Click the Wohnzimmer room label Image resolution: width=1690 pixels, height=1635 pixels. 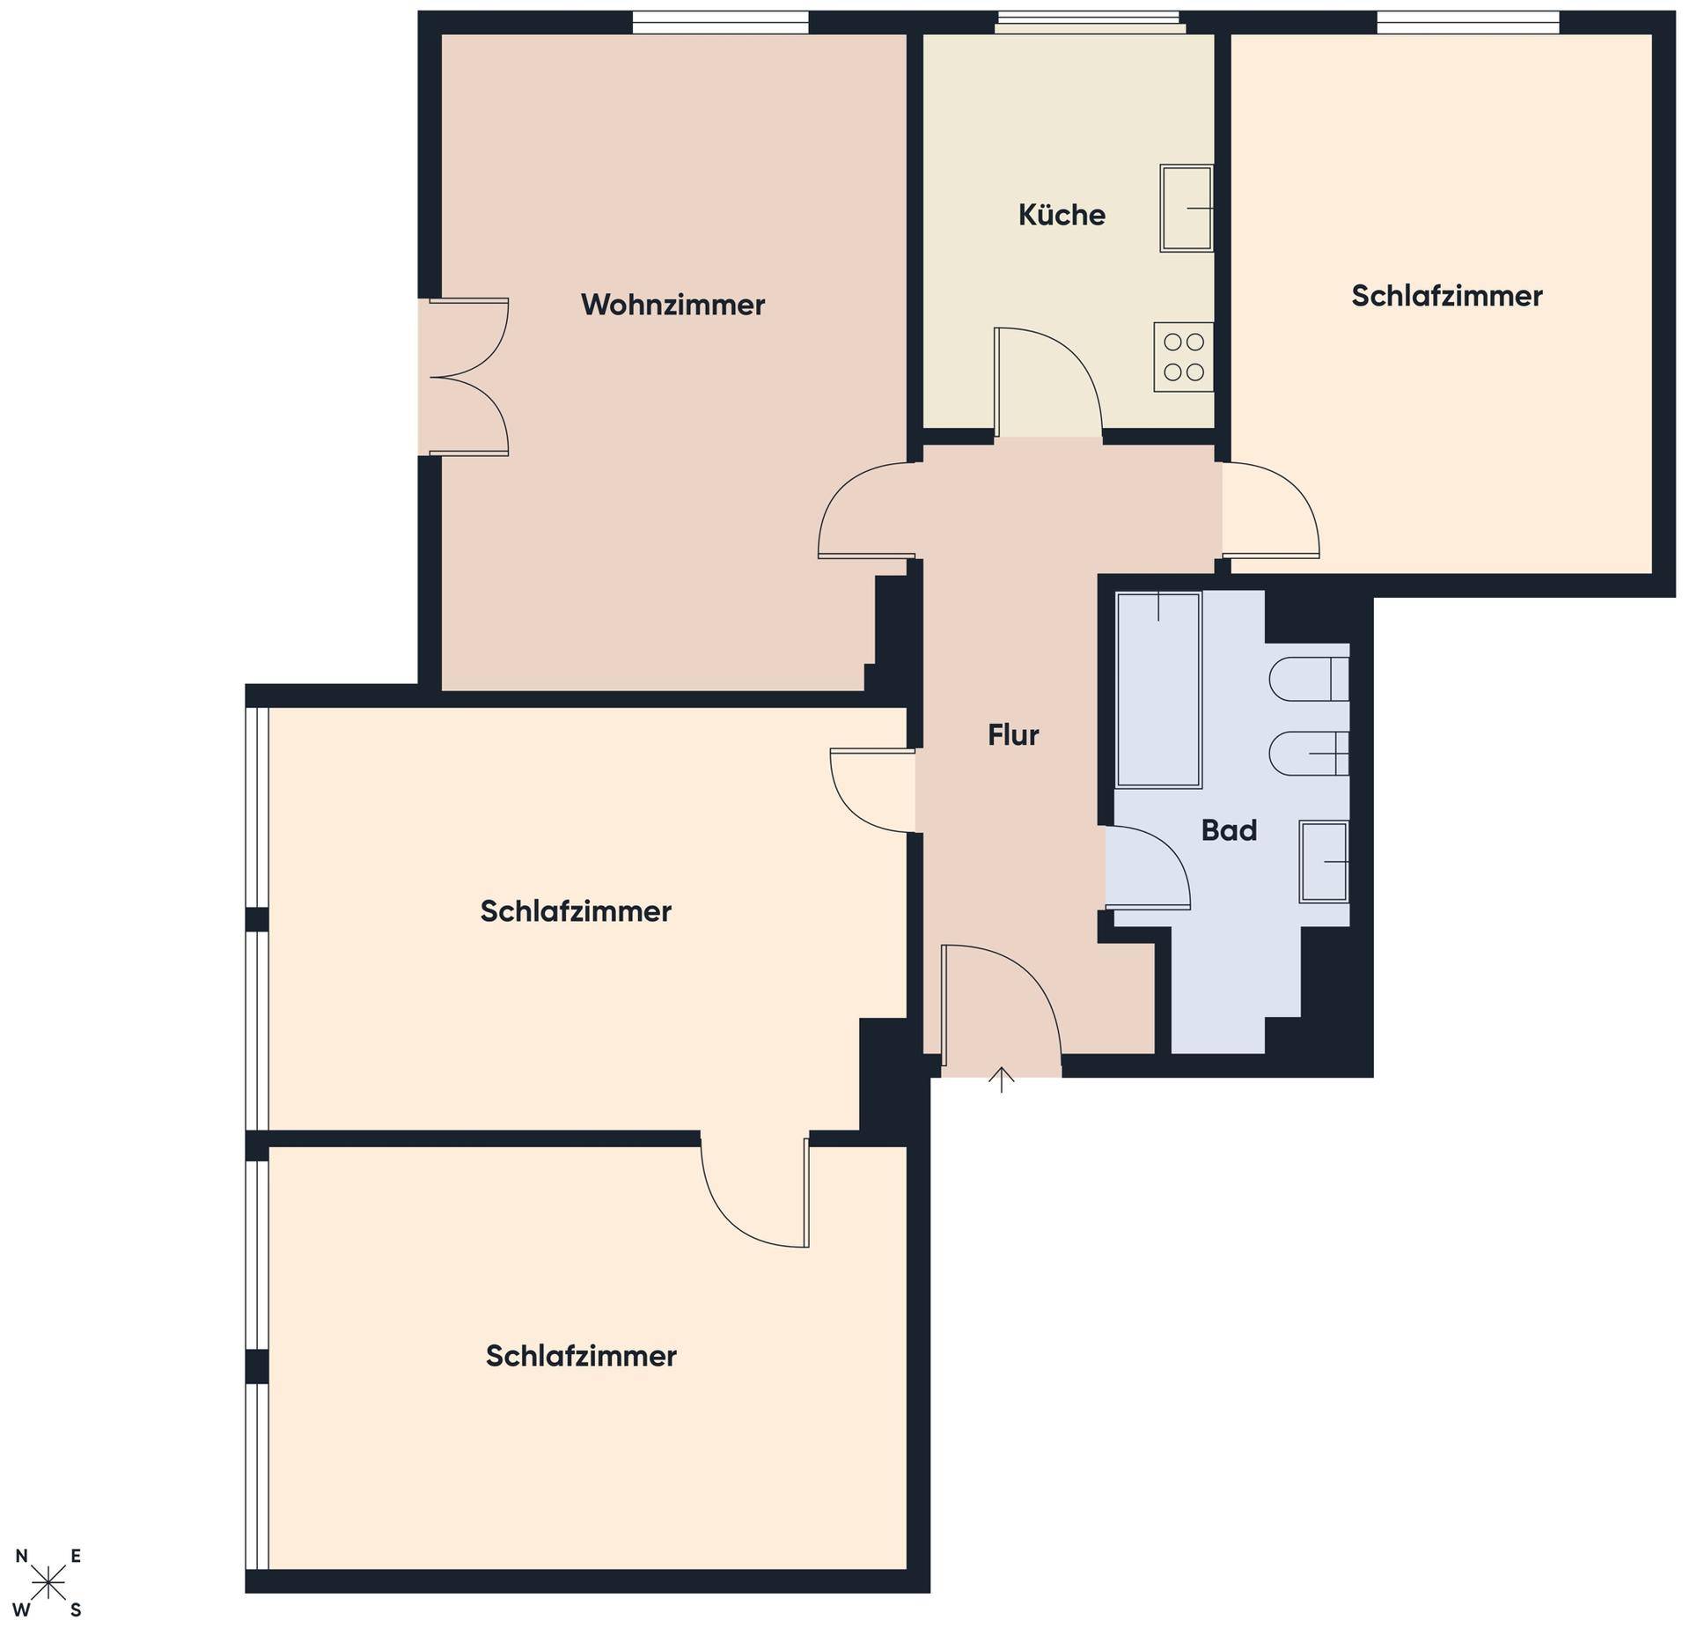(672, 305)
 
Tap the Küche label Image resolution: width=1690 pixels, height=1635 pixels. (1062, 215)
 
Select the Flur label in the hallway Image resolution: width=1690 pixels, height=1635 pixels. (1013, 734)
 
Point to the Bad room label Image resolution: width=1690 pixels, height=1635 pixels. (1229, 830)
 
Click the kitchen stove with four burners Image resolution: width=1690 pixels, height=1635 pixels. (1184, 357)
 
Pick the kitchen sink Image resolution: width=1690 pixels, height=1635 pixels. (1187, 209)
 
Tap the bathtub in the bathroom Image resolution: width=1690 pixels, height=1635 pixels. (1158, 689)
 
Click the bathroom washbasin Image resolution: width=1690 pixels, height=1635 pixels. (1324, 862)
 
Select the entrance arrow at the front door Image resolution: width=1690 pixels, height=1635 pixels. (1002, 1079)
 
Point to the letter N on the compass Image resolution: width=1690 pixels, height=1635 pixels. (21, 1557)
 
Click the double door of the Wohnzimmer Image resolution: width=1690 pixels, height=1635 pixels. (468, 377)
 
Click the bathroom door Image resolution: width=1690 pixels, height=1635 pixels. (1148, 867)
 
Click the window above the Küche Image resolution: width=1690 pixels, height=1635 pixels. (1090, 22)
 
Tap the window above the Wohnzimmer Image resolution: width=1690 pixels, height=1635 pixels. (720, 22)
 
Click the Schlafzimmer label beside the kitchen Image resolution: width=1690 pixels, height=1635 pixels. (1447, 296)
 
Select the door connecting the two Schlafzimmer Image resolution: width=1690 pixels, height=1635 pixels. (754, 1191)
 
